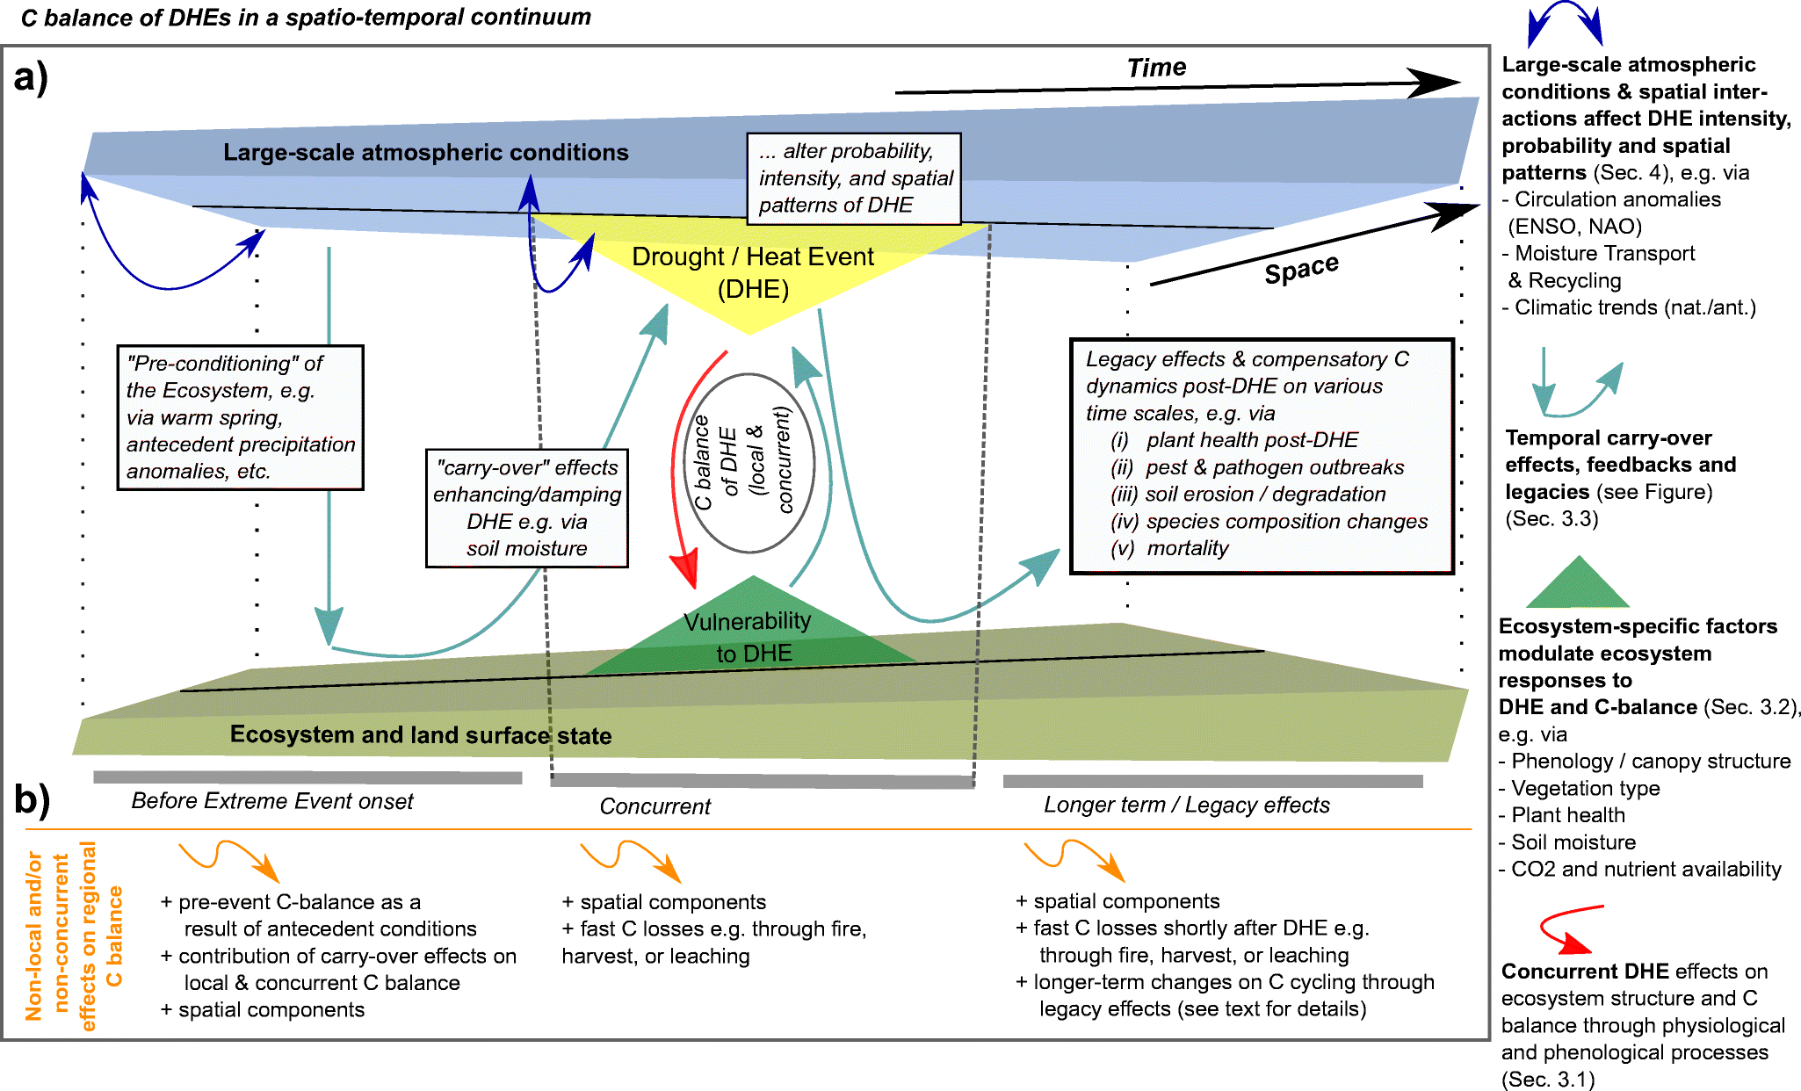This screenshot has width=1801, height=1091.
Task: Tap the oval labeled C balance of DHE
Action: click(749, 463)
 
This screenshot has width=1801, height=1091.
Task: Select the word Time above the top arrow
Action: click(1156, 68)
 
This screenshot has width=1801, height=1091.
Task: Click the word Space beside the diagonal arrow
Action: click(1301, 269)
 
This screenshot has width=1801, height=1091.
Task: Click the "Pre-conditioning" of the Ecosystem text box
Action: click(240, 417)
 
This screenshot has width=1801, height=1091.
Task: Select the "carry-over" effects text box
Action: click(527, 509)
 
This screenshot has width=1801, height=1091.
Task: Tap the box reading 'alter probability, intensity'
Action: click(853, 178)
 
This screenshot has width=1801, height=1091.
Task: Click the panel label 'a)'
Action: click(31, 77)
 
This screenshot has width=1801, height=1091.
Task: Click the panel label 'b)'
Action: click(32, 798)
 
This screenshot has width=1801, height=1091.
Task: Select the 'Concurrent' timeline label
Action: click(655, 806)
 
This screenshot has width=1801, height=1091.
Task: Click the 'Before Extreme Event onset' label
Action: click(271, 801)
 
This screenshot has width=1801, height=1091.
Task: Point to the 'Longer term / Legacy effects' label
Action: click(1186, 805)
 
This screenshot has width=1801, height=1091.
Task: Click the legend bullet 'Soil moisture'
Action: click(1573, 842)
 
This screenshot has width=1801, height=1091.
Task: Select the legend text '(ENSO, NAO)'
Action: click(1574, 227)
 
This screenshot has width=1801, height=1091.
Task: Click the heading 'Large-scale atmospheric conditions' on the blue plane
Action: click(425, 153)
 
